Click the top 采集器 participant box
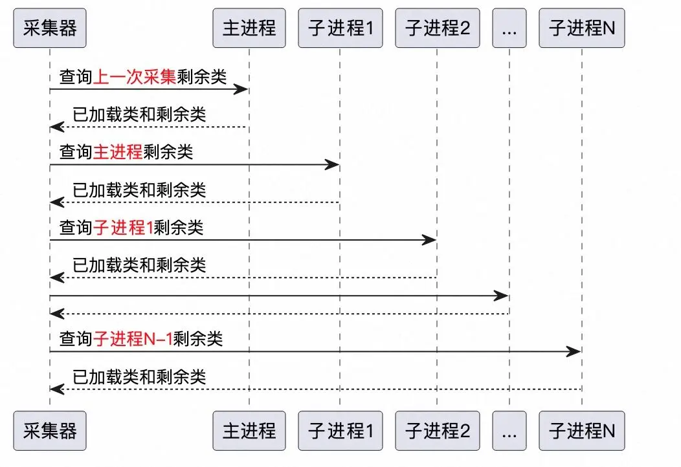pyautogui.click(x=50, y=28)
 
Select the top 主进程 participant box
pyautogui.click(x=249, y=28)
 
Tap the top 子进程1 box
pyautogui.click(x=340, y=28)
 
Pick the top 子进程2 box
pyautogui.click(x=438, y=28)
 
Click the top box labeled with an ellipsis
pyautogui.click(x=509, y=28)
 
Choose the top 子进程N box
pyautogui.click(x=582, y=28)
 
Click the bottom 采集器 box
pyautogui.click(x=50, y=431)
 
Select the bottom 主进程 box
pyautogui.click(x=249, y=431)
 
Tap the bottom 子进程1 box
pyautogui.click(x=340, y=431)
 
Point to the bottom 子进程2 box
pyautogui.click(x=438, y=431)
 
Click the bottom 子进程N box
pyautogui.click(x=582, y=431)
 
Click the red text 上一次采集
pyautogui.click(x=135, y=77)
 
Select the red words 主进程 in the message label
pyautogui.click(x=118, y=152)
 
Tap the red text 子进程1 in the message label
pyautogui.click(x=124, y=228)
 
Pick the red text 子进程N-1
pyautogui.click(x=133, y=338)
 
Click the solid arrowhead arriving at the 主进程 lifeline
pyautogui.click(x=241, y=89)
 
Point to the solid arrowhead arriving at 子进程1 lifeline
pyautogui.click(x=332, y=164)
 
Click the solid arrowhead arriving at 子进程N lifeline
pyautogui.click(x=574, y=351)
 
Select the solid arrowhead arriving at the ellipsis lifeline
pyautogui.click(x=501, y=296)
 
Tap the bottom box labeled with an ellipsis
pyautogui.click(x=509, y=431)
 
